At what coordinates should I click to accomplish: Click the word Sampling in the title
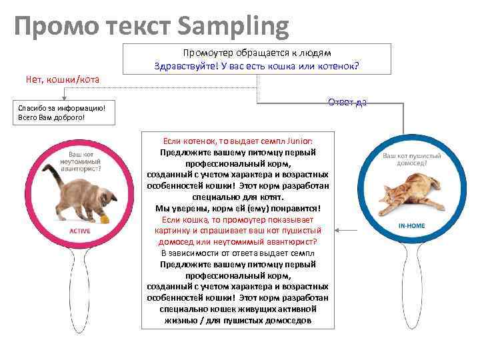[233, 27]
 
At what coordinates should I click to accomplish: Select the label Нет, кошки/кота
[63, 80]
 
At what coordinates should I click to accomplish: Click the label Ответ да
[347, 102]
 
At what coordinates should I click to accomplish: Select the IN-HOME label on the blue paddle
[411, 226]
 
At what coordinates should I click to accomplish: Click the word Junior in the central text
[299, 141]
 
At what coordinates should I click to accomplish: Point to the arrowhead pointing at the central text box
[337, 230]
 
